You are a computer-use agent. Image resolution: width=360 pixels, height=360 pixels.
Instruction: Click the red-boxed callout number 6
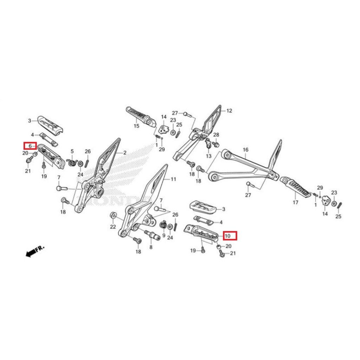point(30,146)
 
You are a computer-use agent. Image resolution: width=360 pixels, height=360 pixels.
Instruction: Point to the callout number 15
point(136,126)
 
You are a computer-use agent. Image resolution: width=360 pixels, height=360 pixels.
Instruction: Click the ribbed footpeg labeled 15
point(141,116)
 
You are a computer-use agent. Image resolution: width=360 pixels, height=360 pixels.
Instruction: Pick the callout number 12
point(229,111)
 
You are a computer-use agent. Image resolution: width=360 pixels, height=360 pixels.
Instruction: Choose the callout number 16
point(245,150)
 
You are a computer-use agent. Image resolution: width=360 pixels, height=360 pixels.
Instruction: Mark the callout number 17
point(295,202)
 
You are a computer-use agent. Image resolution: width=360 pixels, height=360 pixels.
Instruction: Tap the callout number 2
point(124,153)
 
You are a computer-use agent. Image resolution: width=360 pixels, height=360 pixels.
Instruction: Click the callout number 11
point(173,179)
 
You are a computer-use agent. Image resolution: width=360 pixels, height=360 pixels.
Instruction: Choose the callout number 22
point(113,227)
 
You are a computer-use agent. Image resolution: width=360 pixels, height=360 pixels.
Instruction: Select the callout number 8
point(151,247)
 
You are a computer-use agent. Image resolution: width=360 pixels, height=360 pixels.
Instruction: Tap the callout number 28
point(216,135)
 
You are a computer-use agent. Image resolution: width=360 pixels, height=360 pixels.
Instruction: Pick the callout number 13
point(208,156)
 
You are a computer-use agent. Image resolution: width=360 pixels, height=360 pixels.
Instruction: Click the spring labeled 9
point(163,225)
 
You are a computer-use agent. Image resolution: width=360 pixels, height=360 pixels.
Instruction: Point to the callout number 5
point(72,152)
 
